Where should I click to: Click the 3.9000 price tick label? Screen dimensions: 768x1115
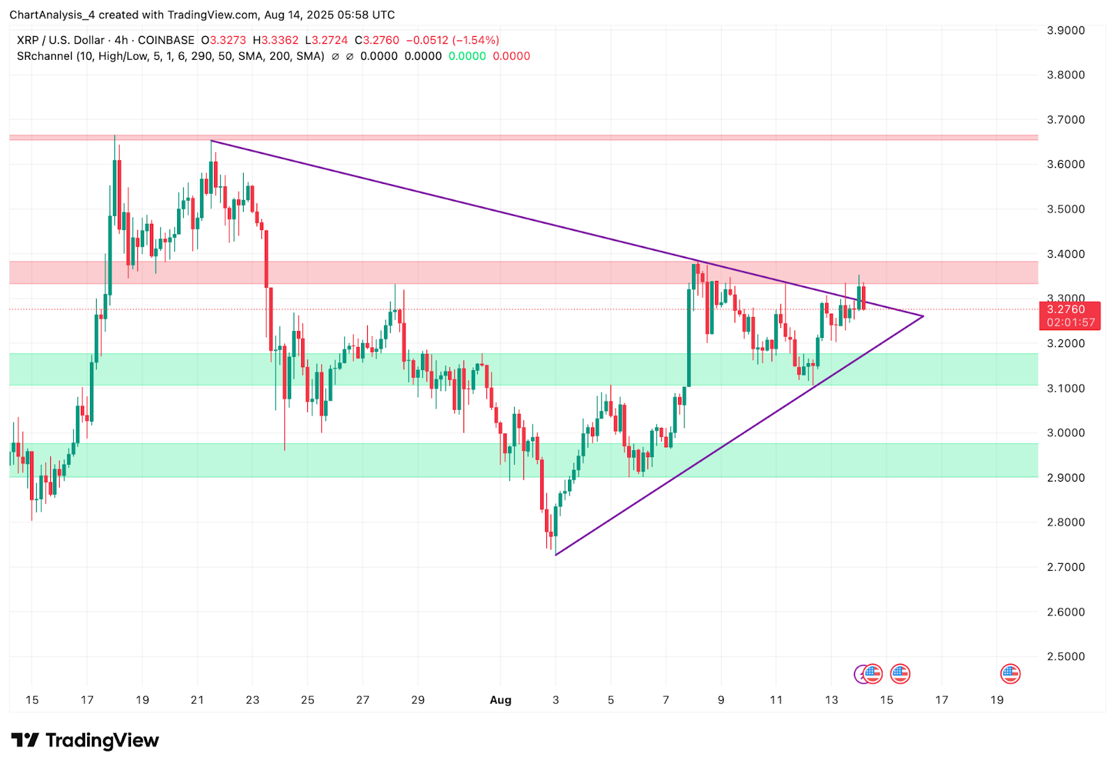[1066, 30]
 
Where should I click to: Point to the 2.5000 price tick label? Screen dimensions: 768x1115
[1066, 656]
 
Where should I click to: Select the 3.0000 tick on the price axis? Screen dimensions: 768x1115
[1066, 433]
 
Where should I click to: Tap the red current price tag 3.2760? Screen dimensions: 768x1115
[1069, 309]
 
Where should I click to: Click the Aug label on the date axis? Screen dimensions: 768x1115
[500, 700]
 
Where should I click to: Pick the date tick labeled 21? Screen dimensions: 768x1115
[197, 700]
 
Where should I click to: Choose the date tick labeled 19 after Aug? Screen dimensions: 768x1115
[997, 700]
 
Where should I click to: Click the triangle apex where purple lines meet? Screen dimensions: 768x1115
[923, 316]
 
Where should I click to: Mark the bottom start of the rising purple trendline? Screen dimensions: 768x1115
[555, 555]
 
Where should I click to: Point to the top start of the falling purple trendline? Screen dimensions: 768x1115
[211, 141]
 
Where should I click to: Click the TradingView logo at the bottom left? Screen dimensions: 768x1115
[85, 740]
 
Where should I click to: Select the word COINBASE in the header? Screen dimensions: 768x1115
[166, 40]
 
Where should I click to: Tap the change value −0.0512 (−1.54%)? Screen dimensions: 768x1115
[452, 40]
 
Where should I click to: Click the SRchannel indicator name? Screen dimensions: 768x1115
[45, 56]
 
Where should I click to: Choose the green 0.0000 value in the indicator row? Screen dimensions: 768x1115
[467, 56]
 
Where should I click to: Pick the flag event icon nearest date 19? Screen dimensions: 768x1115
[1010, 674]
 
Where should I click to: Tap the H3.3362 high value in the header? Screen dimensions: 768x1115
[275, 40]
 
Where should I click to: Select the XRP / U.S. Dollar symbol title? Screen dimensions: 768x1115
[61, 40]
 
